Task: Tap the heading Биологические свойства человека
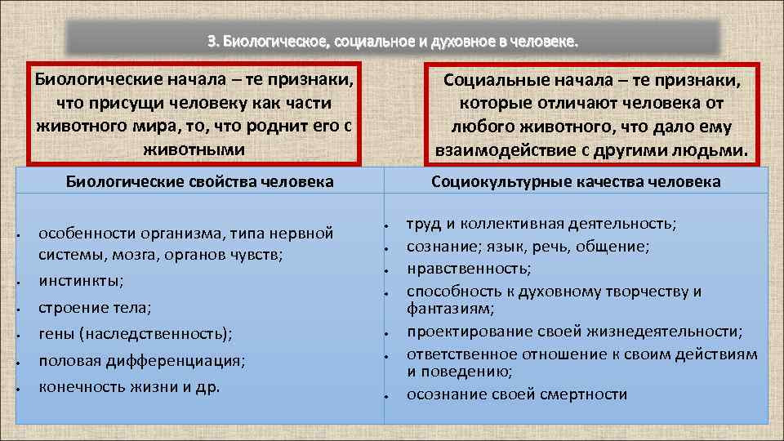199,181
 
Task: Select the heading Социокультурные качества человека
576,181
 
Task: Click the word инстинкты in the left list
81,281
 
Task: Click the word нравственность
468,267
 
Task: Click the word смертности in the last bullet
581,394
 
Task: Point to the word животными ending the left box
194,149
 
